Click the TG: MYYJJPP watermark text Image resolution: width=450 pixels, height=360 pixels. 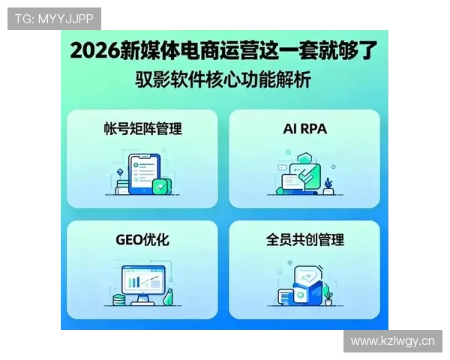(x=54, y=18)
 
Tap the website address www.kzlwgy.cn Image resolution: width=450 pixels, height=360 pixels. (x=392, y=341)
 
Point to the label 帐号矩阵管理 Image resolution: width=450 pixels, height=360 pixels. (x=142, y=128)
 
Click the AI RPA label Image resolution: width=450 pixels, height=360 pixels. (x=304, y=128)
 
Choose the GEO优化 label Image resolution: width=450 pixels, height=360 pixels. (x=142, y=240)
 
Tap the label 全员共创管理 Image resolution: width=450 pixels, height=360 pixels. (x=304, y=240)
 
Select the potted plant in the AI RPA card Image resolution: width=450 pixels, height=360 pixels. (x=328, y=184)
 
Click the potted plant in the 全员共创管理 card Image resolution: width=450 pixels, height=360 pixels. (x=328, y=297)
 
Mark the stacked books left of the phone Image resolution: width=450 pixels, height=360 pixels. (x=121, y=181)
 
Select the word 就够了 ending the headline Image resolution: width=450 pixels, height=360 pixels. (x=350, y=51)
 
